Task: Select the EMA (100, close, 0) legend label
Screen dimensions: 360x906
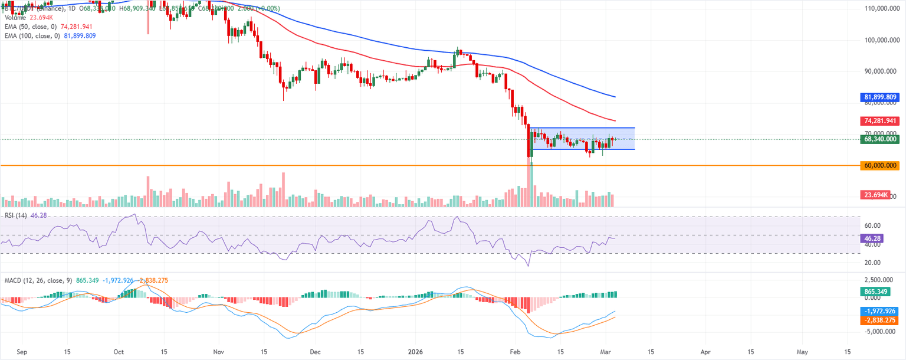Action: click(x=32, y=36)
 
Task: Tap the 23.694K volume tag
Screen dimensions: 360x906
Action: click(x=876, y=195)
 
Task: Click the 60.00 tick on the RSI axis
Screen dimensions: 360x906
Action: click(x=872, y=225)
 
